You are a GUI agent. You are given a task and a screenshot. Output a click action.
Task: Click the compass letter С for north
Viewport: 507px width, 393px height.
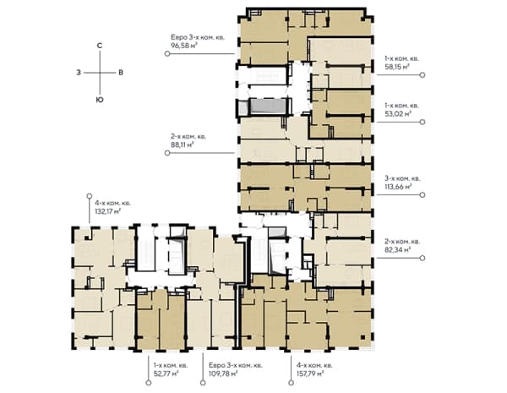pyautogui.click(x=100, y=46)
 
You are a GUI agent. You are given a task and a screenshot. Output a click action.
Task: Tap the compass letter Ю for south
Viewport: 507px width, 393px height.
pyautogui.click(x=100, y=100)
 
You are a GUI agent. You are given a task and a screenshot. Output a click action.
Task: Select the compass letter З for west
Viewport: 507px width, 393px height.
pyautogui.click(x=79, y=73)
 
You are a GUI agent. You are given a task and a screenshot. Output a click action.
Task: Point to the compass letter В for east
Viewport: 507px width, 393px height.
pyautogui.click(x=121, y=73)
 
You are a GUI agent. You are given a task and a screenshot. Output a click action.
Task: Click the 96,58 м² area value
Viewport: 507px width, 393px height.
pyautogui.click(x=184, y=46)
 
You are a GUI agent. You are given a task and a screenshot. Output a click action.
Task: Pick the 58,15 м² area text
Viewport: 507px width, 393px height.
pyautogui.click(x=397, y=67)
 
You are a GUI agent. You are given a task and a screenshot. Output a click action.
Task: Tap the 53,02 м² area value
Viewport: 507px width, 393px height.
pyautogui.click(x=398, y=113)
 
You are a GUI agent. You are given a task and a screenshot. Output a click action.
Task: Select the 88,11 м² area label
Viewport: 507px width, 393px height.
pyautogui.click(x=183, y=145)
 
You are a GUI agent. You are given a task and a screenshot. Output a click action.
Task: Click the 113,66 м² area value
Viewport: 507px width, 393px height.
pyautogui.click(x=398, y=186)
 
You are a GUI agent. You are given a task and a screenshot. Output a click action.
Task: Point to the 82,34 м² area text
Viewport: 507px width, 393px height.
pyautogui.click(x=398, y=249)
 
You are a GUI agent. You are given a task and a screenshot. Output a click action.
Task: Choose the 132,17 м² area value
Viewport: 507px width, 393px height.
pyautogui.click(x=108, y=211)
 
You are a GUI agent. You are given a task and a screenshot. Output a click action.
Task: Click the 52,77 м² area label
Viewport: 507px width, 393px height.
pyautogui.click(x=166, y=374)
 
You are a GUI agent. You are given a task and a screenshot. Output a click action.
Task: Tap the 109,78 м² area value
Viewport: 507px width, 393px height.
pyautogui.click(x=223, y=374)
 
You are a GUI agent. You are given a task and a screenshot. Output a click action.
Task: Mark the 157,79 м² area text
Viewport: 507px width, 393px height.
pyautogui.click(x=310, y=374)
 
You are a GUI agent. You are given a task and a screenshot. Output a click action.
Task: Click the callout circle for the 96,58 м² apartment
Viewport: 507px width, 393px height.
pyautogui.click(x=167, y=54)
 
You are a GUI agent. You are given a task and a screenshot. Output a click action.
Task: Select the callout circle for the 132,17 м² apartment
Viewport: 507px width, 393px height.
pyautogui.click(x=90, y=196)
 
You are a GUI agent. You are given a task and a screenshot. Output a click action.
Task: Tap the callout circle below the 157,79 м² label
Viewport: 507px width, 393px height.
pyautogui.click(x=291, y=383)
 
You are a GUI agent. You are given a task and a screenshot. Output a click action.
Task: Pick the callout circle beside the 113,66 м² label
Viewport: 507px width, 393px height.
pyautogui.click(x=422, y=194)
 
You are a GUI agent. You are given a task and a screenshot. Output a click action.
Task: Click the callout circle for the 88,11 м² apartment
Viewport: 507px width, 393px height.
pyautogui.click(x=167, y=153)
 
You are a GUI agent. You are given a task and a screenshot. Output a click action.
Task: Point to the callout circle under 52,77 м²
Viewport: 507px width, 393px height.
pyautogui.click(x=149, y=383)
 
